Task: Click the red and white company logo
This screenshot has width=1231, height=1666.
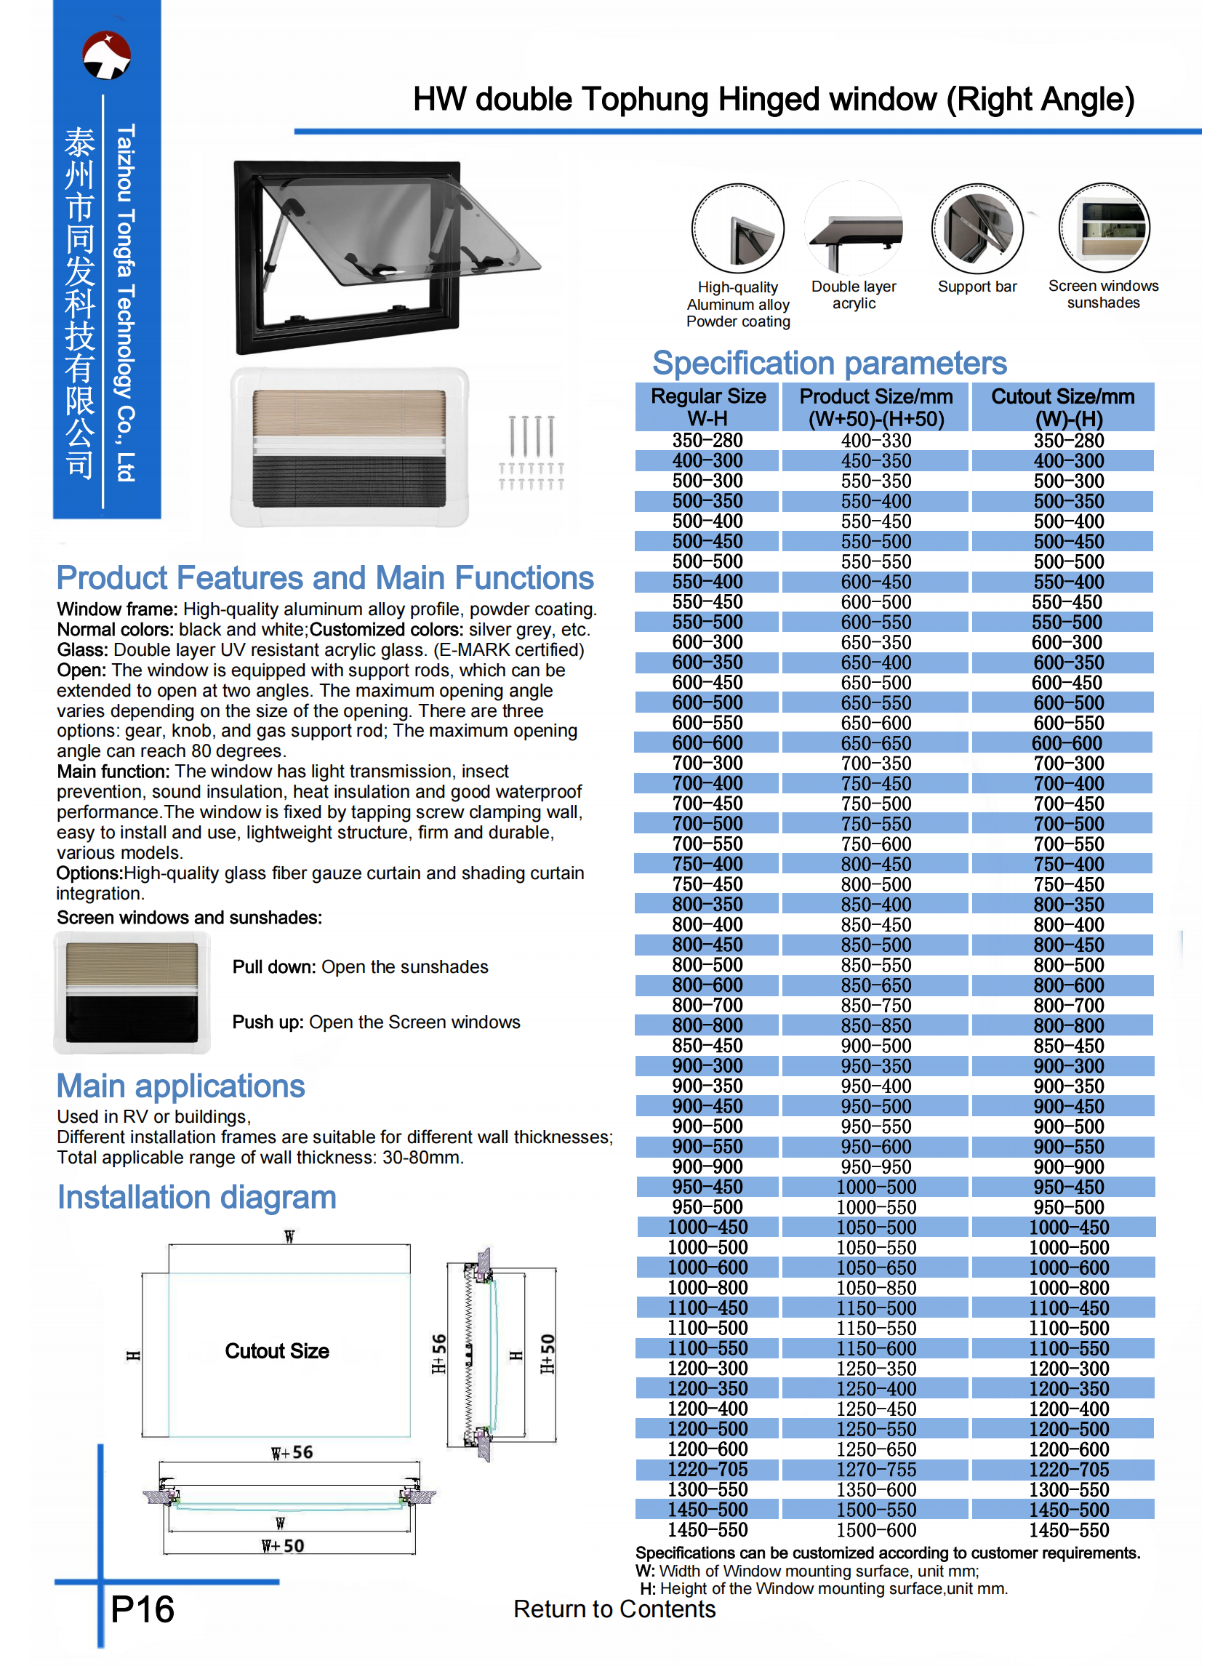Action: point(107,55)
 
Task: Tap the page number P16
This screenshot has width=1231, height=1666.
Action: point(143,1609)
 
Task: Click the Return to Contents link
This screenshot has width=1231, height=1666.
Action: point(614,1609)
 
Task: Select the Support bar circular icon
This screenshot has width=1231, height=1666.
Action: point(977,229)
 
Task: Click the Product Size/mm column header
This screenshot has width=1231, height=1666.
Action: point(875,407)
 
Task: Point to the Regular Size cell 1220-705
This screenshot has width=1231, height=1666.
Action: point(707,1470)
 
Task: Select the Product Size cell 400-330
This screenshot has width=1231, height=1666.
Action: point(875,441)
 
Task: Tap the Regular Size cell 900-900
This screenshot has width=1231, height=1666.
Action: point(707,1168)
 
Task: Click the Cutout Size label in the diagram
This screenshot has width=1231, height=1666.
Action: point(277,1352)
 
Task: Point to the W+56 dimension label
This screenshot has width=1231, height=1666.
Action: point(292,1453)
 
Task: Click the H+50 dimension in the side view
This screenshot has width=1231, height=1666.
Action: point(548,1354)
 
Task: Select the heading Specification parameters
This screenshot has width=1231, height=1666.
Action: point(829,364)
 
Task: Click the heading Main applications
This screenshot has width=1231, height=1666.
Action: point(181,1086)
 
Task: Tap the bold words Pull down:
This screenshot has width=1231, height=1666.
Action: point(274,967)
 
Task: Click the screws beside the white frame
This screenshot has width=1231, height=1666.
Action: point(532,452)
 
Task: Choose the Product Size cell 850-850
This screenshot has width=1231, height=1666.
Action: point(875,1026)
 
